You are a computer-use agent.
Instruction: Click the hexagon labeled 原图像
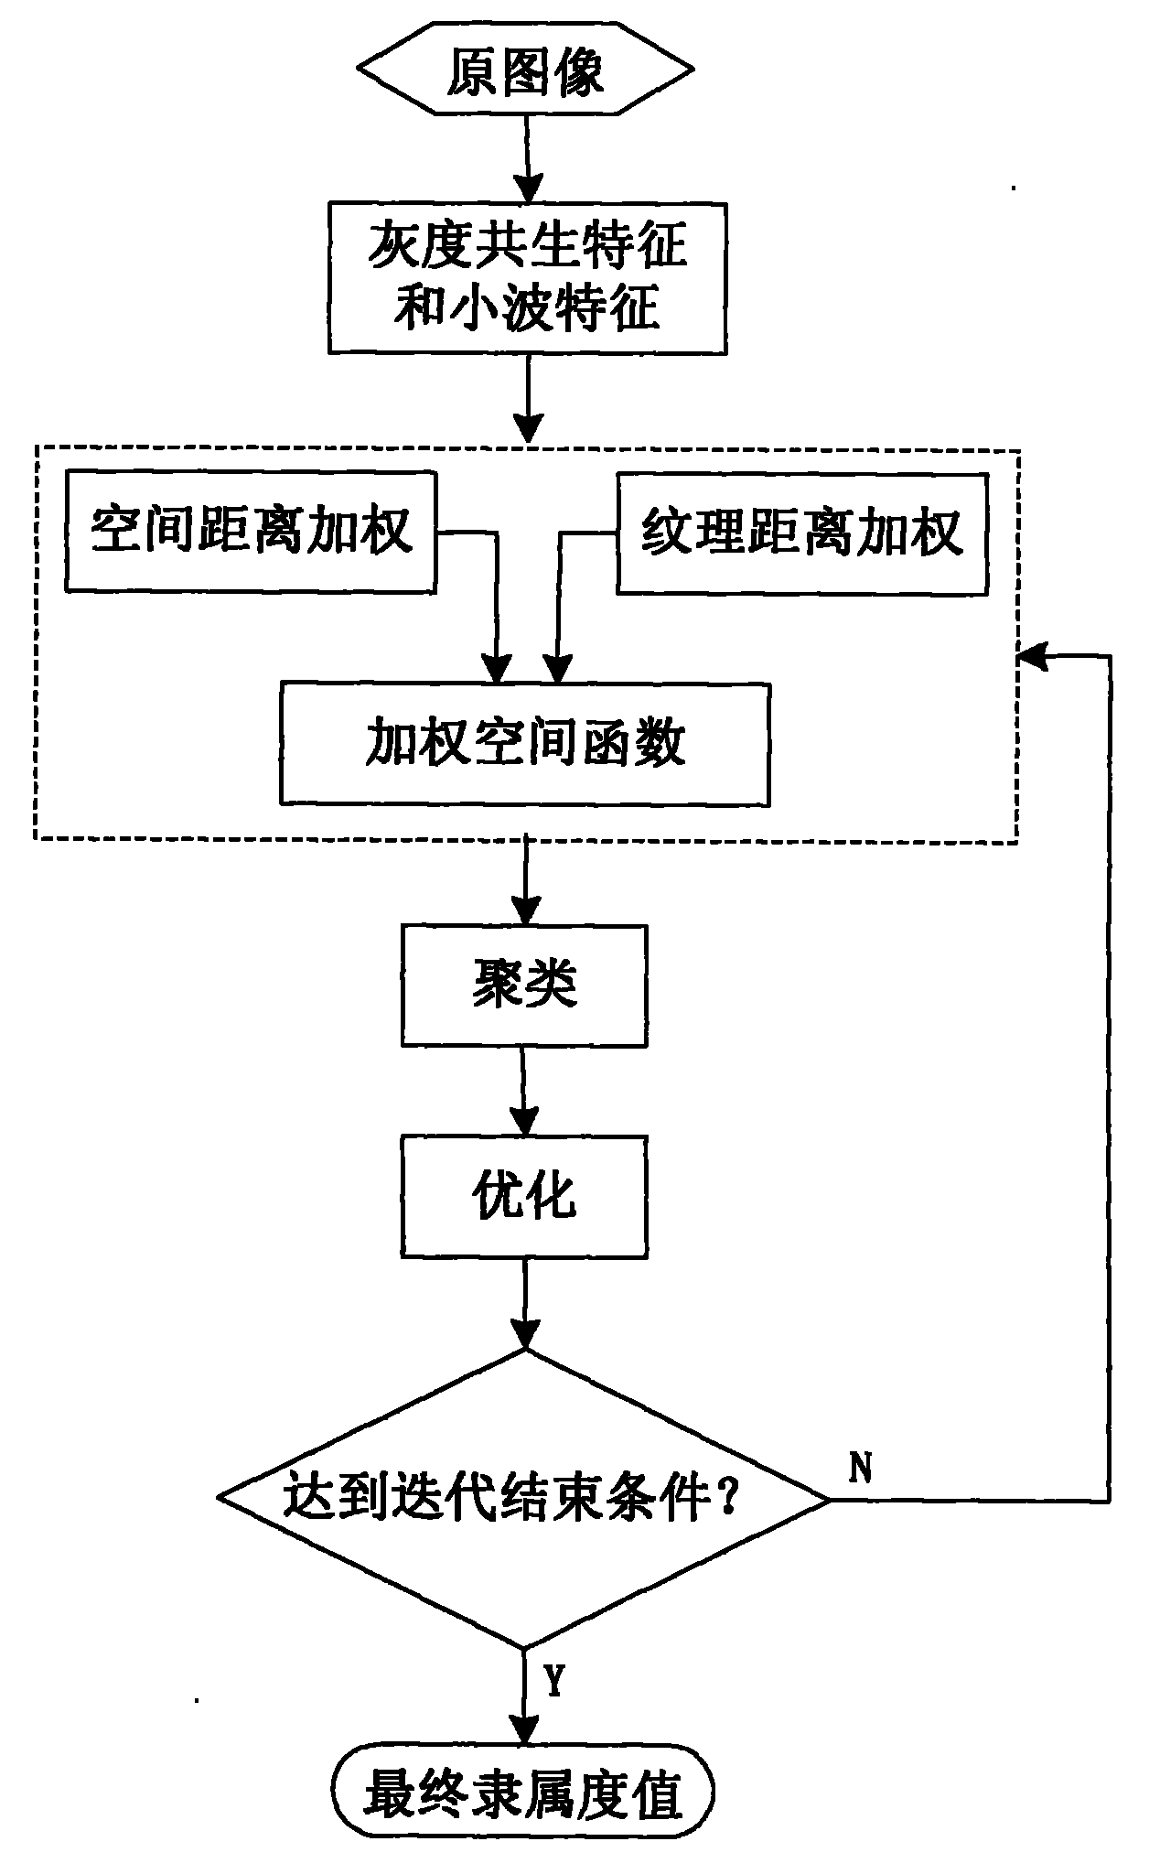tap(525, 73)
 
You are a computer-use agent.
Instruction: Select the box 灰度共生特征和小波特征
tap(527, 278)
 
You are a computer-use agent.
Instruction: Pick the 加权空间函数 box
tap(525, 743)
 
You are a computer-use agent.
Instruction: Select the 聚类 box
tap(524, 985)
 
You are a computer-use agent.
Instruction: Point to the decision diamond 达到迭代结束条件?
tap(524, 1499)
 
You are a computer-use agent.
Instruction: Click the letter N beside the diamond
tap(860, 1468)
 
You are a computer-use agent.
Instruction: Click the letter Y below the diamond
tap(554, 1680)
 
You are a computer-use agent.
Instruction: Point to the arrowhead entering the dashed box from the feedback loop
tap(1031, 655)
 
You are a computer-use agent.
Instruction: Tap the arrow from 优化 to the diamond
tap(524, 1303)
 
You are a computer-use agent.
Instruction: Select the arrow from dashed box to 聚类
tap(525, 883)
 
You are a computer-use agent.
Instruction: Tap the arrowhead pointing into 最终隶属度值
tap(524, 1732)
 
